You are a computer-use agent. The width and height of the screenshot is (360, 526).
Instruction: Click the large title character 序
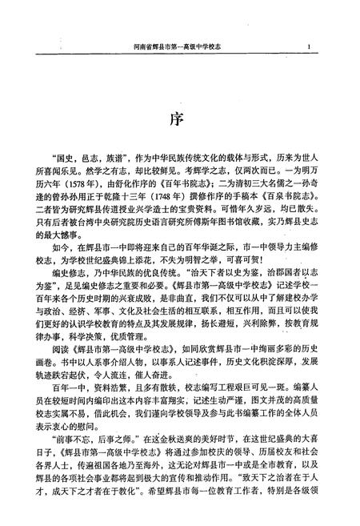(x=180, y=119)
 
